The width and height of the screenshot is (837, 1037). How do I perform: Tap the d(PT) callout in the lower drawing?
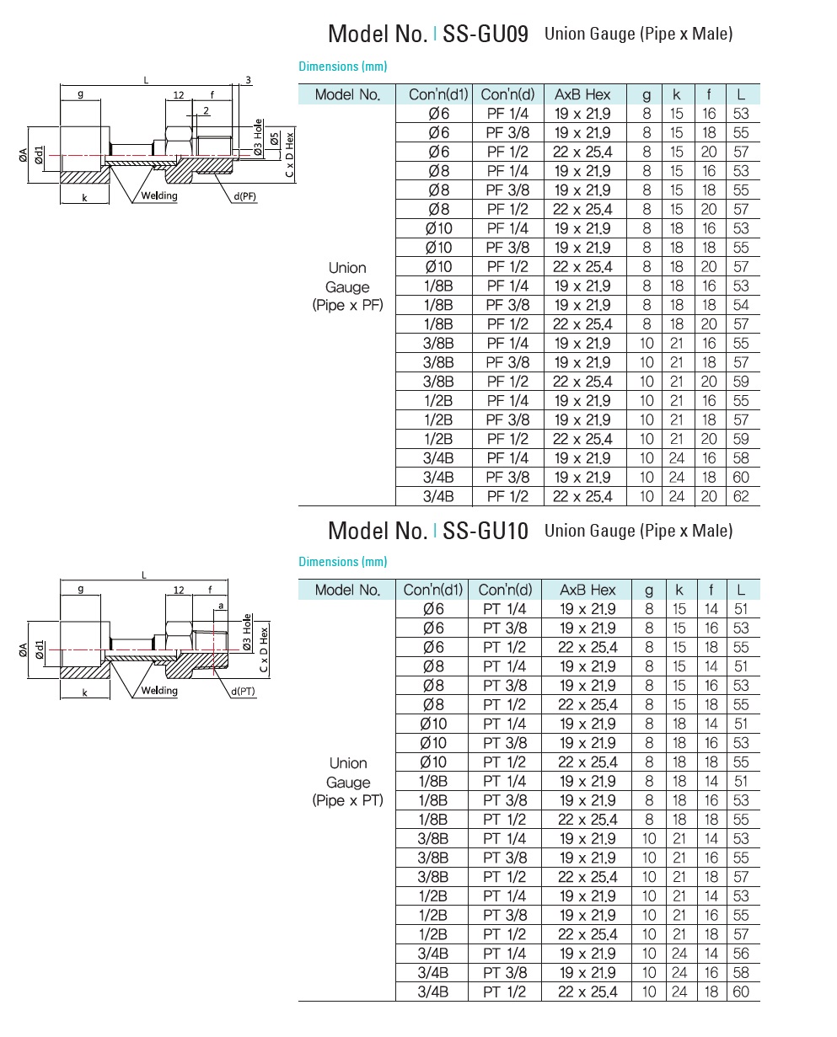click(243, 691)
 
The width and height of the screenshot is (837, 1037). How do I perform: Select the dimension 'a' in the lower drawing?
click(220, 605)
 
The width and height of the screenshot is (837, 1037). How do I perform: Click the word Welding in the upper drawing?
click(159, 196)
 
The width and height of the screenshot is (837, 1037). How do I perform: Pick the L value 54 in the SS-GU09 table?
click(741, 305)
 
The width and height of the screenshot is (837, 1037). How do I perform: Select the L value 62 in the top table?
click(741, 496)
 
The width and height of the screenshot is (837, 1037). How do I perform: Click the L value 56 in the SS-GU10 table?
click(741, 954)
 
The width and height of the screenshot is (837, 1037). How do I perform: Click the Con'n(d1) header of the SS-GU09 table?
click(433, 94)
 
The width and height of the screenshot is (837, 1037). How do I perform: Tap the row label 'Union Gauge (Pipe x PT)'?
click(347, 782)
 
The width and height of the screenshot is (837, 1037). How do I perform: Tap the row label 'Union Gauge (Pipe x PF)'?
click(347, 286)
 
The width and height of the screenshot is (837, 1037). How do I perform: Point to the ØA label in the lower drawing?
click(24, 650)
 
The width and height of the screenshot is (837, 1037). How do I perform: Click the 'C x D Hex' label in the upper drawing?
click(289, 153)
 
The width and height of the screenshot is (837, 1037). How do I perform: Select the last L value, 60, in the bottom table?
click(741, 992)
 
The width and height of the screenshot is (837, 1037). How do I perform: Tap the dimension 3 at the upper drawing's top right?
click(248, 80)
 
